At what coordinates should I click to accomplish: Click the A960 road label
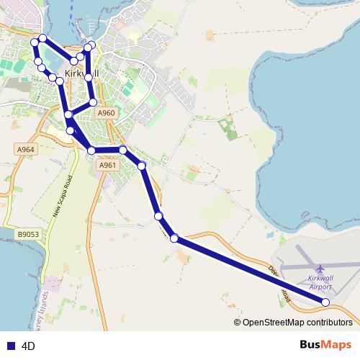coord(106,113)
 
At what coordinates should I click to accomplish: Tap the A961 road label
coord(107,166)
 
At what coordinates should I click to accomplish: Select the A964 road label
coord(25,149)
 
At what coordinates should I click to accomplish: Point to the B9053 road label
coord(28,234)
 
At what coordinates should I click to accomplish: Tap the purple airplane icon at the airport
coord(320,269)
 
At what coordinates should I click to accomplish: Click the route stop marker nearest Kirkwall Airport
coord(325,302)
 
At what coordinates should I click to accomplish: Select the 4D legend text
coord(29,346)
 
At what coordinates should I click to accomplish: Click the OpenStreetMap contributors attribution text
coord(297,323)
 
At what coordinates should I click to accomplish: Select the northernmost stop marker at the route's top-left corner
coord(42,38)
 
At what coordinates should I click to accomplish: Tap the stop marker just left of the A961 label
coord(91,150)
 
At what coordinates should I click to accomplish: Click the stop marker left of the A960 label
coord(93,102)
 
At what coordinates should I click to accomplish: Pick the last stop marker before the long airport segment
coord(174,238)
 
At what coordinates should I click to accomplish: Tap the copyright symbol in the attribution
coord(238,323)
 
